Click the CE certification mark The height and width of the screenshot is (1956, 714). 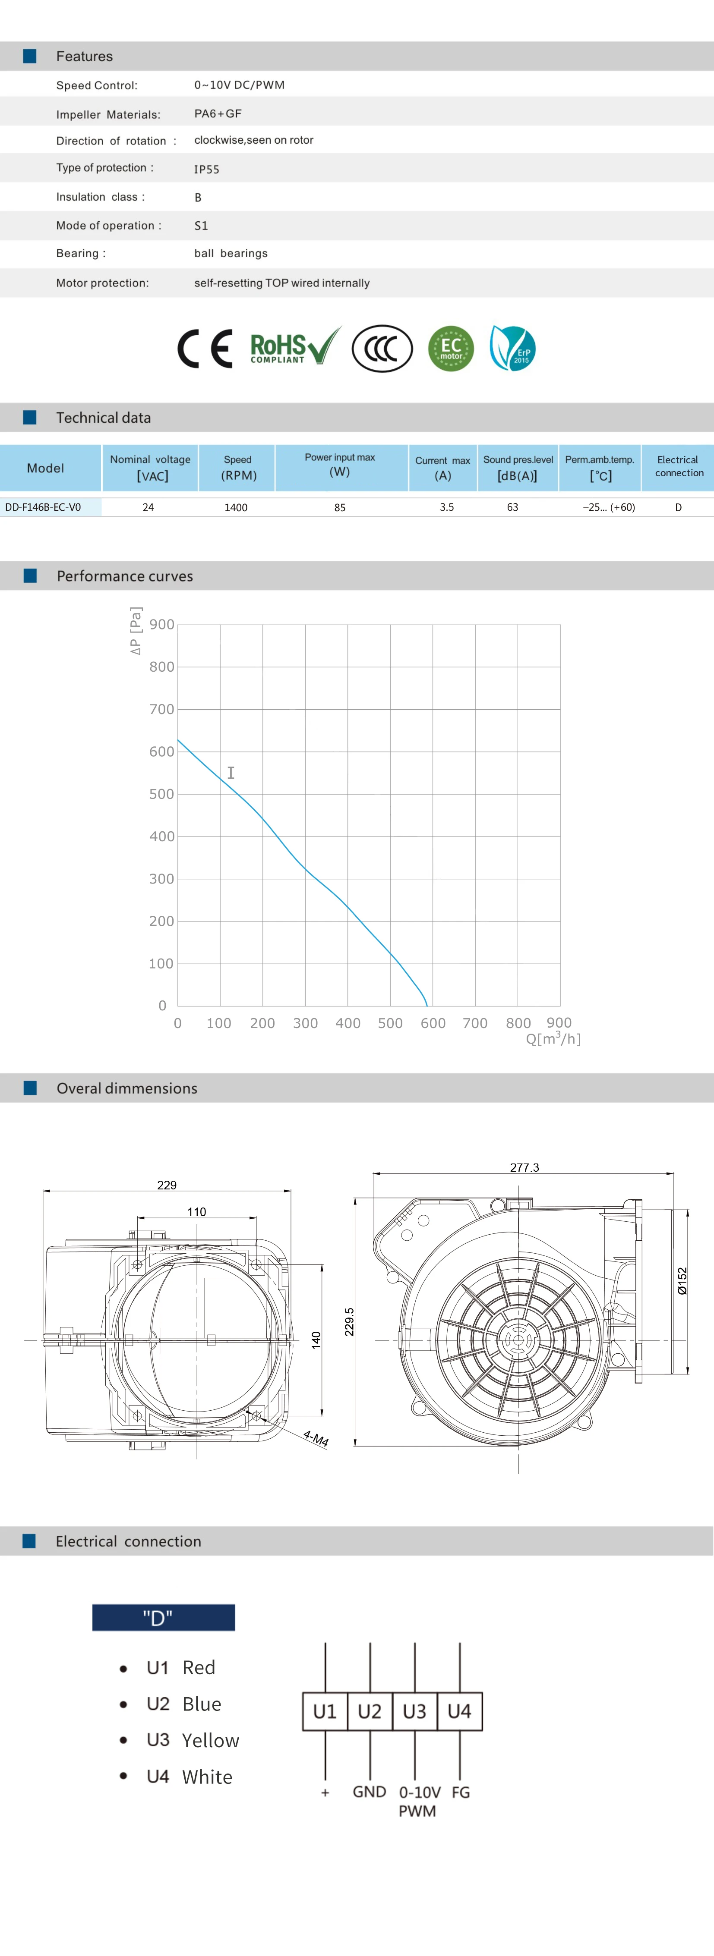point(204,349)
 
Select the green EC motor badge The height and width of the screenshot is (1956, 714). point(451,349)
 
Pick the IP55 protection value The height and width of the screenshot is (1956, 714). point(207,170)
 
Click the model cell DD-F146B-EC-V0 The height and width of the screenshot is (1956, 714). point(43,507)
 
